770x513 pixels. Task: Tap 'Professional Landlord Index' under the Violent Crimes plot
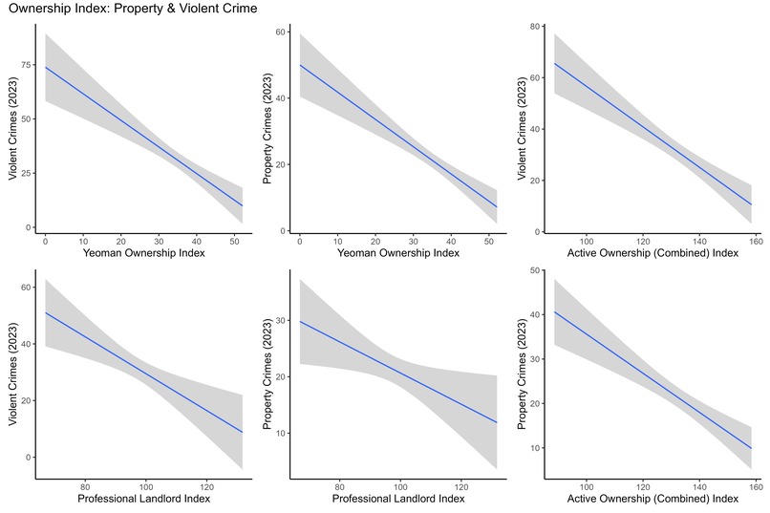pos(141,500)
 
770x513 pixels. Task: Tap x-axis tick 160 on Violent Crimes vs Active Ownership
pos(753,241)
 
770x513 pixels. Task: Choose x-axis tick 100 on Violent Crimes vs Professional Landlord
pos(144,485)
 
